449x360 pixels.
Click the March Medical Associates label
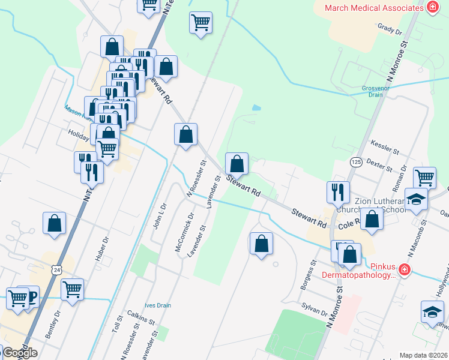coord(374,8)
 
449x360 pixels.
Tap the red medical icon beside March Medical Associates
coord(432,8)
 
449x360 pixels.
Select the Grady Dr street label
coord(390,29)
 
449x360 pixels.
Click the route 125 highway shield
coord(357,162)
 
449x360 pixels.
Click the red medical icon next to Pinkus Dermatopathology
coord(405,271)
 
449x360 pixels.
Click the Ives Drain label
coord(157,305)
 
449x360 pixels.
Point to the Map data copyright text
coord(423,355)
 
